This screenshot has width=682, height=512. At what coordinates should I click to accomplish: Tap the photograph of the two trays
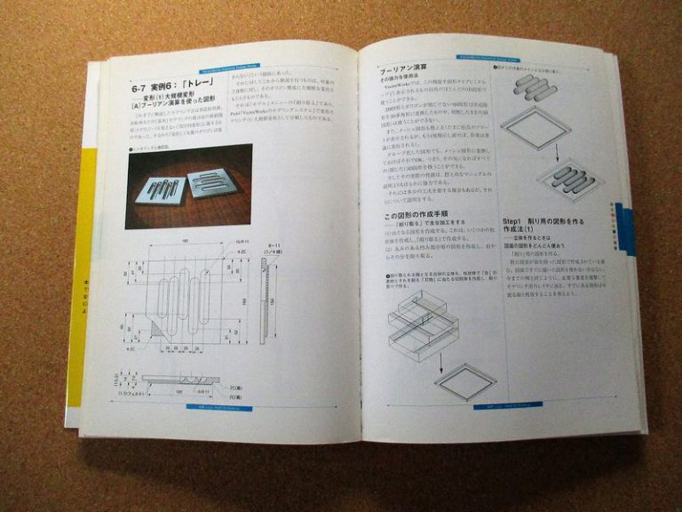point(188,186)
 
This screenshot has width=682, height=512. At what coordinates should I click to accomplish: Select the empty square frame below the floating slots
point(535,126)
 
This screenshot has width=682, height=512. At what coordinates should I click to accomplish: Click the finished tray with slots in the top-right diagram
point(568,180)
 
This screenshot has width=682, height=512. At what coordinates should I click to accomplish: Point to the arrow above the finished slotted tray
point(555,149)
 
